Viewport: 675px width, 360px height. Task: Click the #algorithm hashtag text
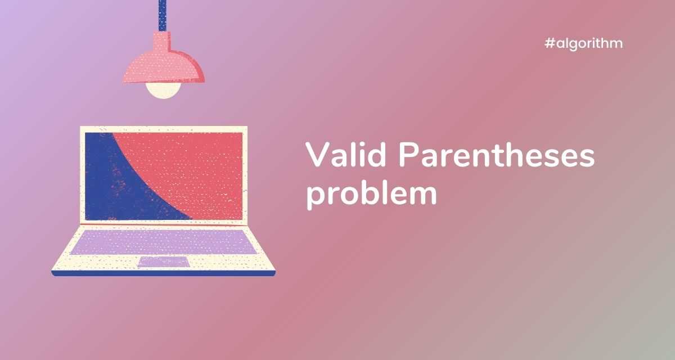[584, 44]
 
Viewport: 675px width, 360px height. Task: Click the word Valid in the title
[345, 154]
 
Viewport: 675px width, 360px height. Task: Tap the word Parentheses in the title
[497, 154]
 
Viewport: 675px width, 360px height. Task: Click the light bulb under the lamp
[163, 90]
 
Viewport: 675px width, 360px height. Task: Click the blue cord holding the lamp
[163, 16]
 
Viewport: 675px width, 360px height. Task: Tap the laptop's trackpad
[164, 262]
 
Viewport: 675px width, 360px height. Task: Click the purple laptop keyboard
[164, 242]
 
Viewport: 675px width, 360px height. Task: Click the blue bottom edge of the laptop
[163, 273]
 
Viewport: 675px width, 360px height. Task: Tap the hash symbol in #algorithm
[550, 43]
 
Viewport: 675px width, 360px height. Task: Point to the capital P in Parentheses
[408, 154]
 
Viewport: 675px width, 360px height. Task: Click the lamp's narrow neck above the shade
[162, 41]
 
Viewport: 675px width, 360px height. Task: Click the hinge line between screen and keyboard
[164, 224]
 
